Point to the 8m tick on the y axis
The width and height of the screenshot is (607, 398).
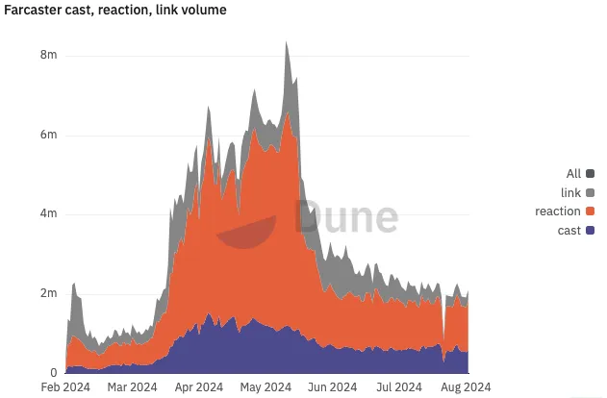(x=48, y=56)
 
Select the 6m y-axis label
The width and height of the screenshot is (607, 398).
(x=48, y=136)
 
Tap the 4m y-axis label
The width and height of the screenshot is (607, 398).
(x=48, y=214)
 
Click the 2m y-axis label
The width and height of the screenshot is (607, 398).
(x=48, y=293)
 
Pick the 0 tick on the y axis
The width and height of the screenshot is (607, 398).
(x=53, y=372)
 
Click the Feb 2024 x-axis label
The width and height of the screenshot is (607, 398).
(x=64, y=387)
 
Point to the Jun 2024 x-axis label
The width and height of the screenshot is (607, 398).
(x=330, y=387)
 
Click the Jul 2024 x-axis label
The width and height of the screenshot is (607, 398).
(x=396, y=387)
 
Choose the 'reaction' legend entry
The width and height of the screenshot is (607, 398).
(x=558, y=211)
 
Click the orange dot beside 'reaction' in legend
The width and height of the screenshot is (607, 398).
(x=591, y=211)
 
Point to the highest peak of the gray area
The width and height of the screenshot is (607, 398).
(x=286, y=42)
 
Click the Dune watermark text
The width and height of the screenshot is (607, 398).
(x=345, y=218)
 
